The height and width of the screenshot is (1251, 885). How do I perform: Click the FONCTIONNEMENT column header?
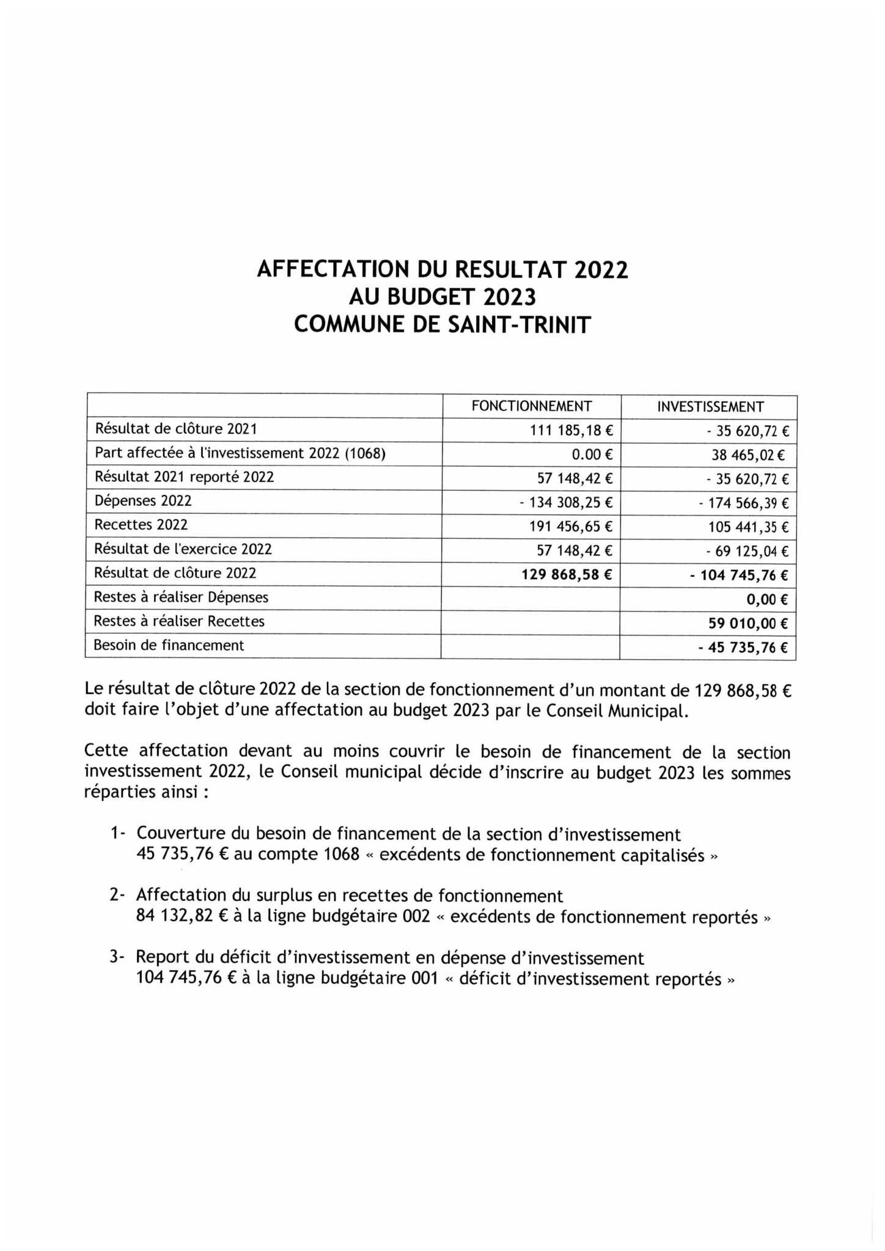531,406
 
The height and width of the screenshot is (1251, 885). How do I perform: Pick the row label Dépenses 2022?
142,501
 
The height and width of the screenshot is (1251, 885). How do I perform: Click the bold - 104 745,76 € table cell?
739,575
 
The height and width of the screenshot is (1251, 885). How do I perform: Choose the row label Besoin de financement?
169,645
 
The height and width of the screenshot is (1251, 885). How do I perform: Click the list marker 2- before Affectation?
117,895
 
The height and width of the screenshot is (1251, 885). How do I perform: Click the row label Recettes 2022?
141,525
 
